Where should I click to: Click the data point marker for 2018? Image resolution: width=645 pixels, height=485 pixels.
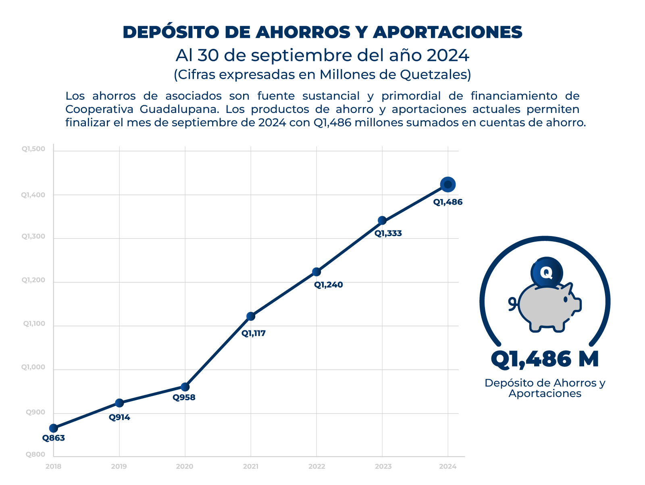pos(54,428)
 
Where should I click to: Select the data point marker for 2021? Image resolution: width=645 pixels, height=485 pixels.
pos(251,316)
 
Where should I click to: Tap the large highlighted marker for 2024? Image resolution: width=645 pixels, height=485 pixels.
pos(448,185)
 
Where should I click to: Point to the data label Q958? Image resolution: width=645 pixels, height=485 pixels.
pos(184,397)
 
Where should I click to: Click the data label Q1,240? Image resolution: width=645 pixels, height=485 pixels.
pos(329,285)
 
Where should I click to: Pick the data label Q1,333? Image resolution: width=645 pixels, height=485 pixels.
pos(388,233)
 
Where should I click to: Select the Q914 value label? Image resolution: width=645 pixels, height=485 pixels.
pos(119,417)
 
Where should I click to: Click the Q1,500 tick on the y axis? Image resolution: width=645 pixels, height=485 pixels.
pos(33,149)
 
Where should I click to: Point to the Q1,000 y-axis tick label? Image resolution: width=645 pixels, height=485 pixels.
pos(33,368)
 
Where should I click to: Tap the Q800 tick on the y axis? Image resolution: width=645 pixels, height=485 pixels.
pos(36,455)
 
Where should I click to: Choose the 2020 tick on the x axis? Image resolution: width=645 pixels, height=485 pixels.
pos(185,467)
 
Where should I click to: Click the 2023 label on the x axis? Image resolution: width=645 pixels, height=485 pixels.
pos(383,467)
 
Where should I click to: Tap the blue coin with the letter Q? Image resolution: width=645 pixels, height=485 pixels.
pos(546,273)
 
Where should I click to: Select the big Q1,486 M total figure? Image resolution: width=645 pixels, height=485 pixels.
pos(545,359)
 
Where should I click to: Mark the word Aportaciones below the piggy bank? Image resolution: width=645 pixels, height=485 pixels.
pos(545,393)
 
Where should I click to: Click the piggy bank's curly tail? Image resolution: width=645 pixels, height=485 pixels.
pos(512,303)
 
